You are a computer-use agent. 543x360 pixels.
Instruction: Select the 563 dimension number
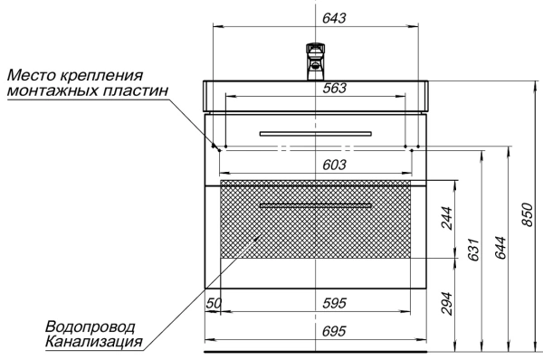point(336,88)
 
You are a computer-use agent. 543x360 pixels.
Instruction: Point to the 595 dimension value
point(336,302)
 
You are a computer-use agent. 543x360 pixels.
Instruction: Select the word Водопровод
point(89,326)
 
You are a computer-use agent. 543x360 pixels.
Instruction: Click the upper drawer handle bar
point(314,133)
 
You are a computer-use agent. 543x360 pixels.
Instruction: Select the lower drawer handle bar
point(314,206)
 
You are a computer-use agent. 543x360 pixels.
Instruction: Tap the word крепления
point(106,74)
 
